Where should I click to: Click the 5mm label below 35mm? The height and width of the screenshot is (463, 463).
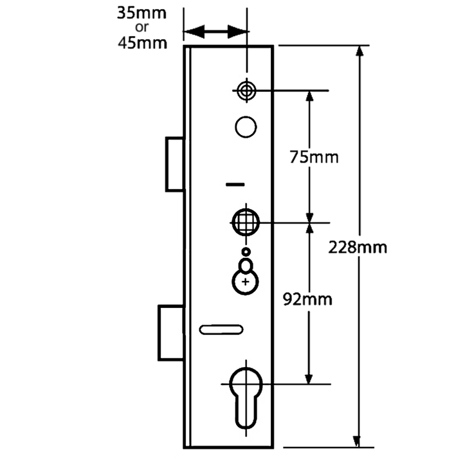click(147, 43)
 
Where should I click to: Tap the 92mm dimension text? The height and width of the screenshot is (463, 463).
click(308, 299)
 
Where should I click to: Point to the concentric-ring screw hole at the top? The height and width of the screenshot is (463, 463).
click(246, 91)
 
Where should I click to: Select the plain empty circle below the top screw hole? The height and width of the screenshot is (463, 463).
click(246, 126)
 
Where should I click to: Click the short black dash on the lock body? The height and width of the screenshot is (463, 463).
click(236, 185)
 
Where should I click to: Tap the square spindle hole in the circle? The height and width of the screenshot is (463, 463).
click(246, 222)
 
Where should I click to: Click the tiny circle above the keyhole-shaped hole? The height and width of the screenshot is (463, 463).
click(245, 251)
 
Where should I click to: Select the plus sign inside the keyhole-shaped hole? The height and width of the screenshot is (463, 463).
click(245, 281)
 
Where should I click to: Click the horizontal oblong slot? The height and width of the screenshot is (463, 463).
click(221, 329)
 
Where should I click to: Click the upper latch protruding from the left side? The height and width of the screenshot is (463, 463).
click(173, 163)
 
